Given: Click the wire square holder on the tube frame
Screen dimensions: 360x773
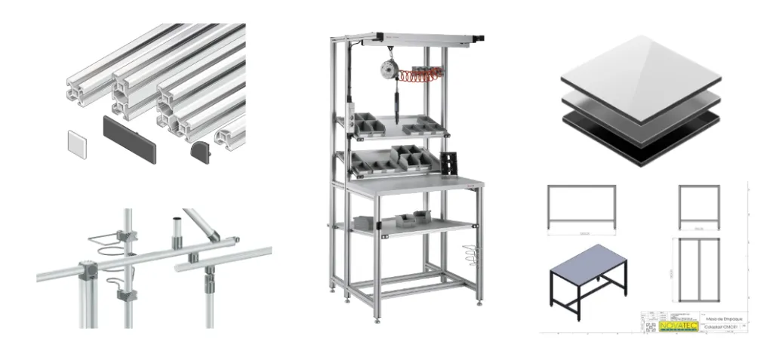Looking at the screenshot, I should point(106,240).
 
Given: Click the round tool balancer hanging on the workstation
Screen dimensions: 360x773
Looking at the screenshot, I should point(393,69).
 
